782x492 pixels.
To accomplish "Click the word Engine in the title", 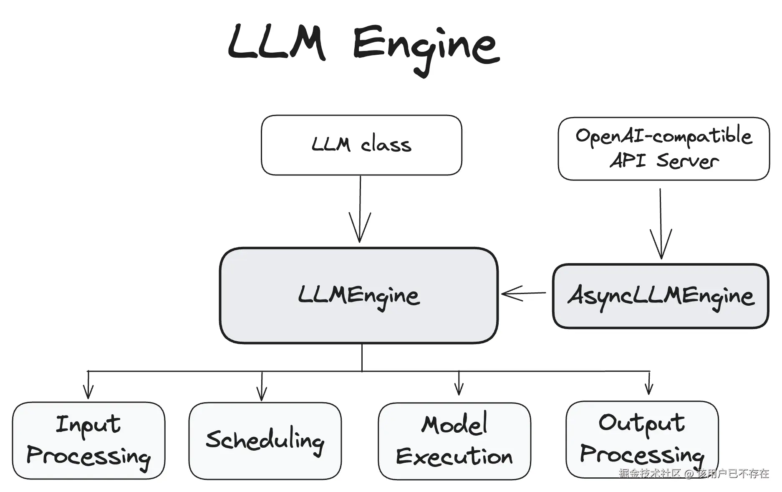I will (x=426, y=46).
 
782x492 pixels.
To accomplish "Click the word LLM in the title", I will (x=277, y=43).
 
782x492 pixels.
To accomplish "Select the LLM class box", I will (x=361, y=145).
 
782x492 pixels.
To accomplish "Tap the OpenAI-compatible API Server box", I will (x=663, y=149).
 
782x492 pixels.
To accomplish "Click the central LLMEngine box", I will (x=359, y=296).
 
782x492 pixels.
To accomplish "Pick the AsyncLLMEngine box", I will (x=661, y=296).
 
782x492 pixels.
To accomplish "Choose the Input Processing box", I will (x=88, y=441).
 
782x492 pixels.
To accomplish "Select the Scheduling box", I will (x=265, y=441).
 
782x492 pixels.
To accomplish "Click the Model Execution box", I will (x=454, y=441).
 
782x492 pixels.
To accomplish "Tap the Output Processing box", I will (x=642, y=439).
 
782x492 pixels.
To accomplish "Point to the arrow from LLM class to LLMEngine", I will (x=360, y=209).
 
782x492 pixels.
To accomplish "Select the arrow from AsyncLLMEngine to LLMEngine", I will (x=523, y=293).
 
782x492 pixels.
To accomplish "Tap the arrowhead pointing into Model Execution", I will (x=459, y=389).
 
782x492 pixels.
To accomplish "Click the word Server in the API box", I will (x=687, y=161).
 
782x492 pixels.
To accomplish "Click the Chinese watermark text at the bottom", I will (x=694, y=473).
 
